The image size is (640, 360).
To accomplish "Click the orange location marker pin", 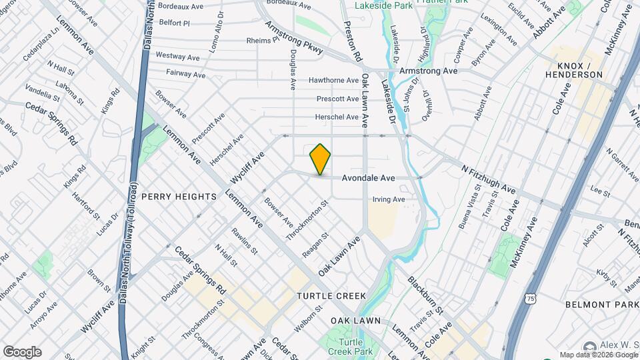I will click(x=321, y=159).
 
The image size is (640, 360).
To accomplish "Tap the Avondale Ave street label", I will click(x=369, y=179).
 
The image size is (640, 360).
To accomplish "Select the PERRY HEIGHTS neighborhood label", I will click(x=179, y=197).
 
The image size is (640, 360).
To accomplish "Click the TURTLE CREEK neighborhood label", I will click(x=323, y=295).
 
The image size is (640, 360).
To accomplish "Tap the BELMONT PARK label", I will click(x=601, y=304).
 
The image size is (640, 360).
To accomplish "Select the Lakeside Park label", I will click(x=375, y=5).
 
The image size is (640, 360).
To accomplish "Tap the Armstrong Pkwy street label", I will click(x=294, y=38).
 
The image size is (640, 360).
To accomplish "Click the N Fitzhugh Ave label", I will click(x=489, y=179).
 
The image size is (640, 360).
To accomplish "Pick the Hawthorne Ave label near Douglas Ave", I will click(x=333, y=81).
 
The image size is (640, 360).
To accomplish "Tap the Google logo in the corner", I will click(x=22, y=352).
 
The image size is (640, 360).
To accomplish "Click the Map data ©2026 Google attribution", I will click(x=598, y=355).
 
